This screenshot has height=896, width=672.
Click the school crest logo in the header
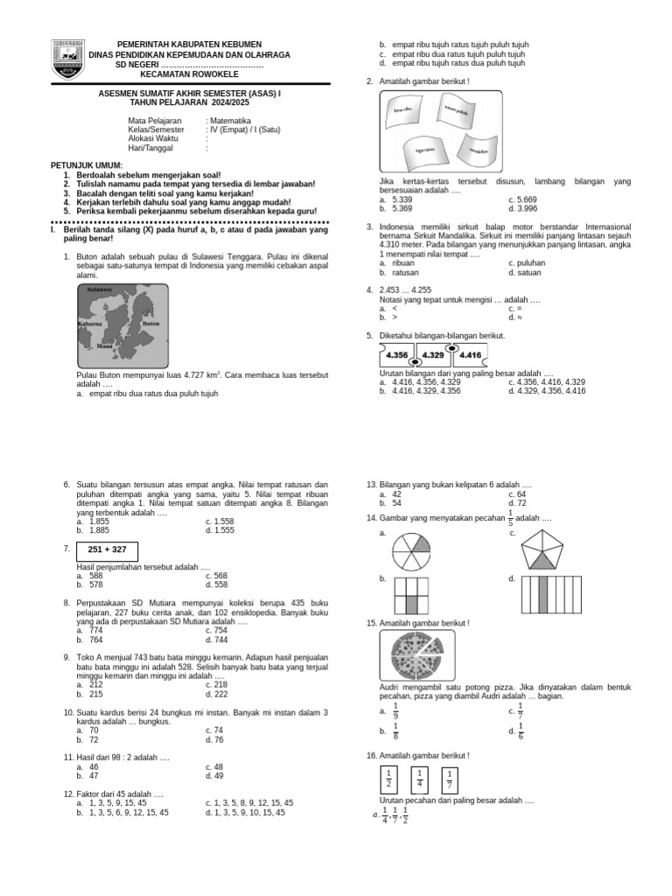[x=68, y=59]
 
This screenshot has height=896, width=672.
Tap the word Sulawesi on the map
[x=100, y=289]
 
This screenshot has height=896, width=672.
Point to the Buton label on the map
[x=150, y=323]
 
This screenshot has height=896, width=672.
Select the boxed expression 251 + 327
[x=107, y=549]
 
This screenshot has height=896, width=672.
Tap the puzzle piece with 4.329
[x=435, y=355]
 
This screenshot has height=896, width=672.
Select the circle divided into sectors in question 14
[x=412, y=553]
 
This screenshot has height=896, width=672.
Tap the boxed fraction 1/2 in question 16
[x=388, y=777]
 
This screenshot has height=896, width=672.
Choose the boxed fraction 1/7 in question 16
[x=449, y=779]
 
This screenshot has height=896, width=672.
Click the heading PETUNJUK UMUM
[x=87, y=165]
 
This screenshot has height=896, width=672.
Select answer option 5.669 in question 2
[x=525, y=199]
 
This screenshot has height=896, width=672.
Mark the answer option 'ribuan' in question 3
[x=403, y=262]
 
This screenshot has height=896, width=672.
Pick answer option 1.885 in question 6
[x=101, y=530]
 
